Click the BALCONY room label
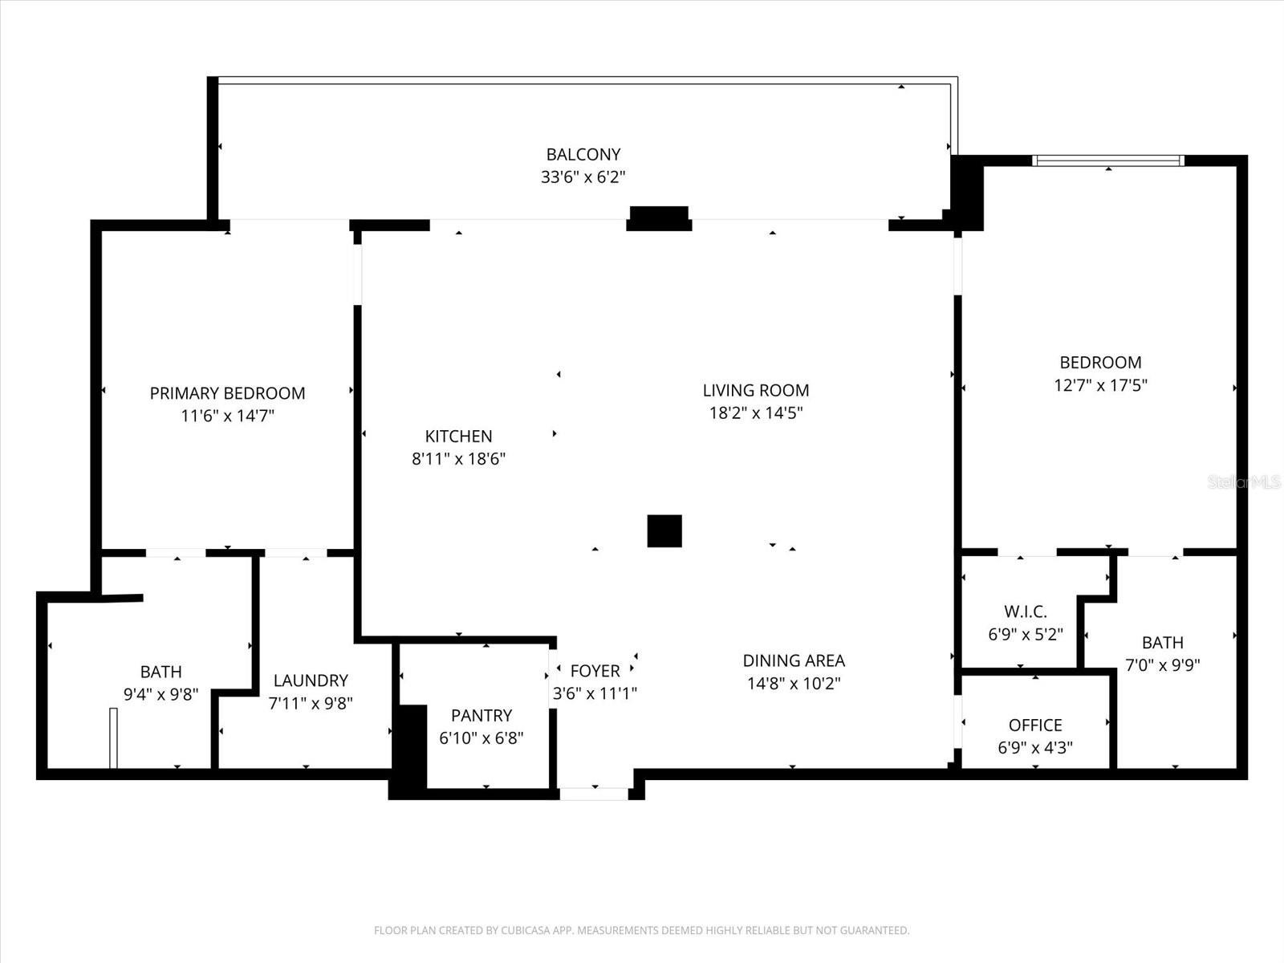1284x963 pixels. tap(583, 154)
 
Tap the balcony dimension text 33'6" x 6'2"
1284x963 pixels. tap(583, 177)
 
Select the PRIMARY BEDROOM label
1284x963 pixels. tap(228, 393)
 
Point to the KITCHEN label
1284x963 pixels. tap(458, 437)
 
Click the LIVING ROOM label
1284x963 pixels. tap(756, 391)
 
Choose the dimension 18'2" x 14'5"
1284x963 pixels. tap(756, 413)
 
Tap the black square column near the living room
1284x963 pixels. tap(664, 531)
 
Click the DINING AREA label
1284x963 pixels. tap(794, 660)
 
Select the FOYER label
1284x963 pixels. tap(595, 671)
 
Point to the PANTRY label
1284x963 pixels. tap(481, 716)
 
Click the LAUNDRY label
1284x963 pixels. tap(311, 681)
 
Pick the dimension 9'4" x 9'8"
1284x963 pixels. tap(160, 694)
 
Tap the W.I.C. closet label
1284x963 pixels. tap(1026, 612)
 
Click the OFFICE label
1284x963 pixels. tap(1035, 725)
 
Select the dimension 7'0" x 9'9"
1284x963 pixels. tap(1163, 664)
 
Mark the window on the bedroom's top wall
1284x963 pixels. tap(1108, 160)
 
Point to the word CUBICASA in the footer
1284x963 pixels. tap(525, 930)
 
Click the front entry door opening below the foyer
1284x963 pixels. tap(595, 794)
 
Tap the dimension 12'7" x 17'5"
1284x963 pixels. tap(1101, 385)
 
